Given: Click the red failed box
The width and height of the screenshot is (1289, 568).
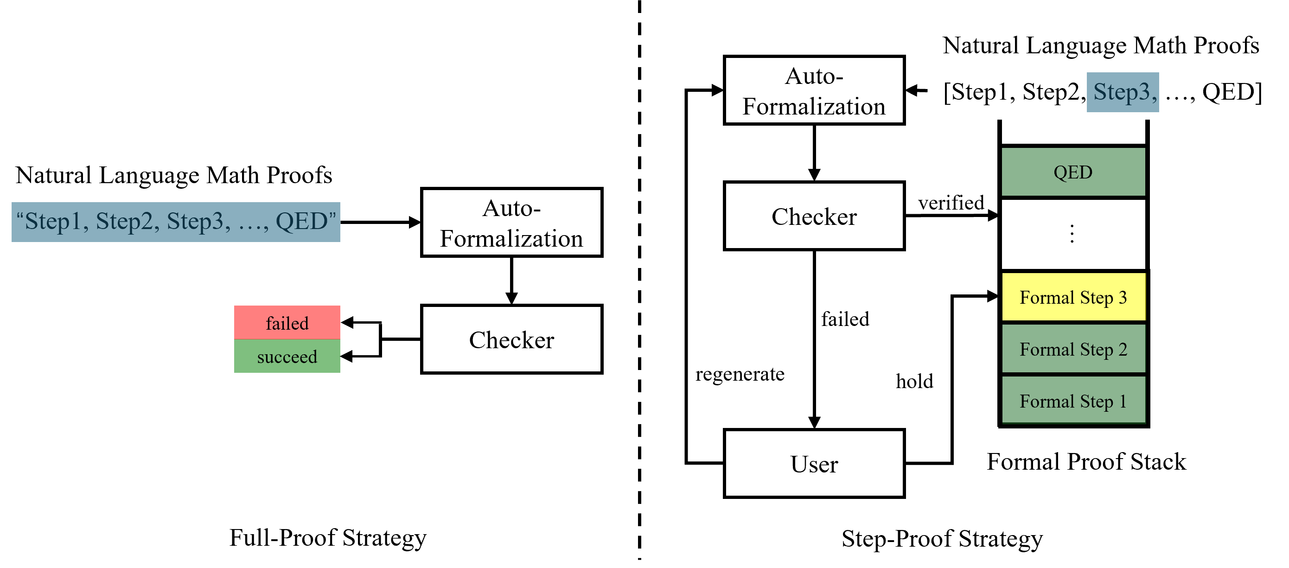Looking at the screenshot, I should (x=287, y=323).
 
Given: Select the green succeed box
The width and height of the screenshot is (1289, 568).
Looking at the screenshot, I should (x=287, y=356).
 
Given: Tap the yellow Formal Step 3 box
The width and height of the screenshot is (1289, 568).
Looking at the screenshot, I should (x=1073, y=297).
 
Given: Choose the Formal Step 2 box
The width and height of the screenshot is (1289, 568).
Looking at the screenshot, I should (x=1073, y=349).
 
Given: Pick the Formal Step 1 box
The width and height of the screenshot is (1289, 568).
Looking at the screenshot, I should (x=1073, y=401).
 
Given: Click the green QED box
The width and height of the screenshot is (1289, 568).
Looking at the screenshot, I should (x=1073, y=172).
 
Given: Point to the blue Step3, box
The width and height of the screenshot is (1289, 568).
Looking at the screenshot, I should (x=1123, y=92).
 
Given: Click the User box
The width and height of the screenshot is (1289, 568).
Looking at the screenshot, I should (x=814, y=463).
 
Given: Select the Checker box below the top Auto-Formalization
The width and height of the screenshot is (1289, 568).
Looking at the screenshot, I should (x=814, y=216).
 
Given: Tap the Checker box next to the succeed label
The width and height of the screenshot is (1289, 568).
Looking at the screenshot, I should (x=511, y=339).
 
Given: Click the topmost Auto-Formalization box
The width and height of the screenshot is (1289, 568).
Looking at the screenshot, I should (x=814, y=90).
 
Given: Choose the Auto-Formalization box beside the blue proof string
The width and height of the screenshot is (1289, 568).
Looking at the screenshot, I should (x=511, y=223).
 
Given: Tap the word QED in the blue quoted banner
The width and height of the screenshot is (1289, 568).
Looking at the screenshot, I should (x=301, y=222).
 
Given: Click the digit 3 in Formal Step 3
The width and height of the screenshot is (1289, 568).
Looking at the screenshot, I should (x=1123, y=298).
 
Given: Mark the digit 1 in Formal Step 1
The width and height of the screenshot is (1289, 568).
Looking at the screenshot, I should (x=1123, y=402).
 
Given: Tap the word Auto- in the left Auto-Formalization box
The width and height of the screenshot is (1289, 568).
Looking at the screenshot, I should (x=511, y=208).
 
